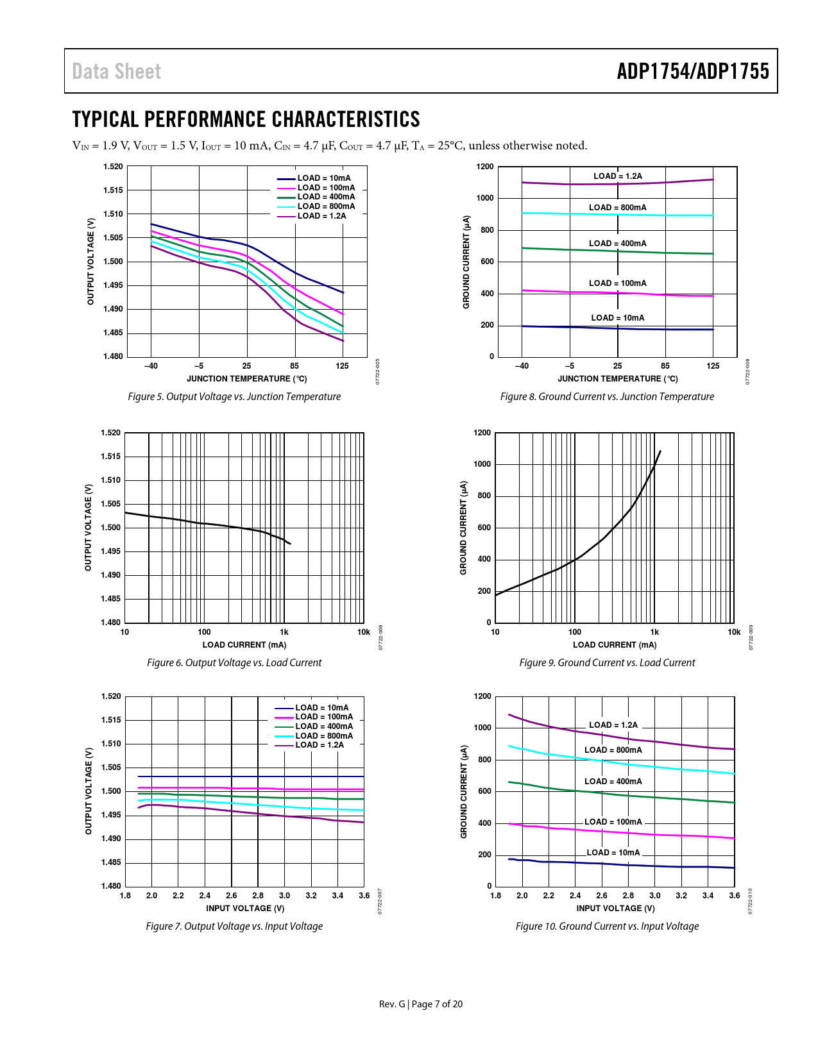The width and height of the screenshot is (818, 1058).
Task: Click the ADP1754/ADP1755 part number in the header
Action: (693, 71)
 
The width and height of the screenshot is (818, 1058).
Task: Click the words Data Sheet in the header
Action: (116, 71)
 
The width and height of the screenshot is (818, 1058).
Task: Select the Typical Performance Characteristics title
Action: (246, 119)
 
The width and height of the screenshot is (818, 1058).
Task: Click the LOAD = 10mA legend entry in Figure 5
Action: (323, 178)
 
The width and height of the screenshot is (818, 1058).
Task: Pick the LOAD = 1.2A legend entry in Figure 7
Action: (319, 745)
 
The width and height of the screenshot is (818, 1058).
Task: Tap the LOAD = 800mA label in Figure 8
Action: (617, 208)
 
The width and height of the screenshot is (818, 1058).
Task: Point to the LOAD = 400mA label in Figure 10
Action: (613, 782)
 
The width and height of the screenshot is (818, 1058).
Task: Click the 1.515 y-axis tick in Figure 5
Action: (113, 190)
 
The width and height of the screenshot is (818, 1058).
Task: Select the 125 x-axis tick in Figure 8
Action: (713, 366)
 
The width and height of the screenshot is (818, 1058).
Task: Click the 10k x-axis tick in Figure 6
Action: (363, 632)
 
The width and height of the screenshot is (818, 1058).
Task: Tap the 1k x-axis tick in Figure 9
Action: (654, 632)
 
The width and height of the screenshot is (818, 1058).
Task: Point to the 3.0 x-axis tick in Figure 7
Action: (284, 896)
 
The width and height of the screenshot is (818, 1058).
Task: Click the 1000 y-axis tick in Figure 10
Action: (482, 728)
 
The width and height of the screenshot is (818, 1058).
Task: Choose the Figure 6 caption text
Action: (234, 663)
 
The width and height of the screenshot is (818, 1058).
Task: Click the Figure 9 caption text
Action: (607, 663)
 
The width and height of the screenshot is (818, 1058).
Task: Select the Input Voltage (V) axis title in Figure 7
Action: (245, 908)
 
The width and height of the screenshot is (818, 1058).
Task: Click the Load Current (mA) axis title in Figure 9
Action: (615, 645)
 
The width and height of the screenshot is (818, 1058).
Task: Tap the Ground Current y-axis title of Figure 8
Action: (466, 262)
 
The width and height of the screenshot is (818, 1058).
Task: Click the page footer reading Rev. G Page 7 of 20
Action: (420, 1004)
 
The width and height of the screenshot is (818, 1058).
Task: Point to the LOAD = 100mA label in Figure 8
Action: (617, 283)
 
